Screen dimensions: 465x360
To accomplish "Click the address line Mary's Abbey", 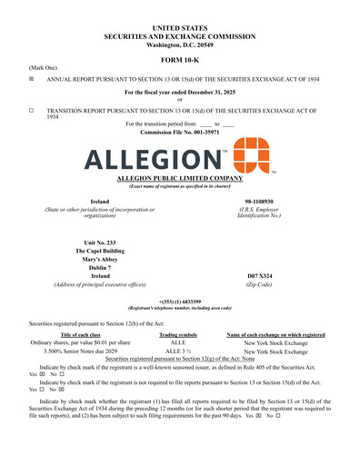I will tap(99, 259).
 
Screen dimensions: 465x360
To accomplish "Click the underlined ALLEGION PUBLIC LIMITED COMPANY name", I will tap(179, 179).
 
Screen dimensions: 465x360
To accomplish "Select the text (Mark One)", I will tap(44, 67).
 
